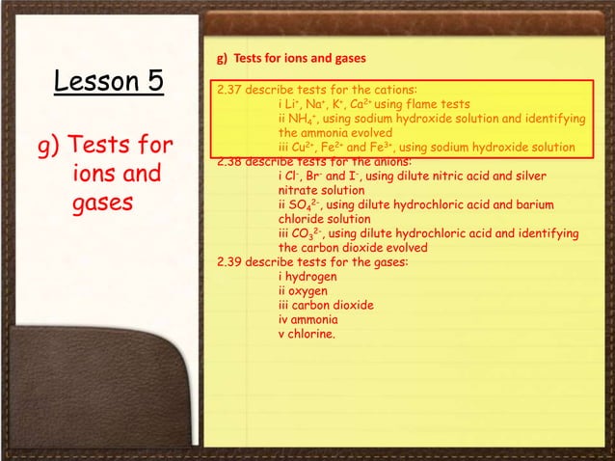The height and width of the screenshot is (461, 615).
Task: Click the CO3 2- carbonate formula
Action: point(307,233)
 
